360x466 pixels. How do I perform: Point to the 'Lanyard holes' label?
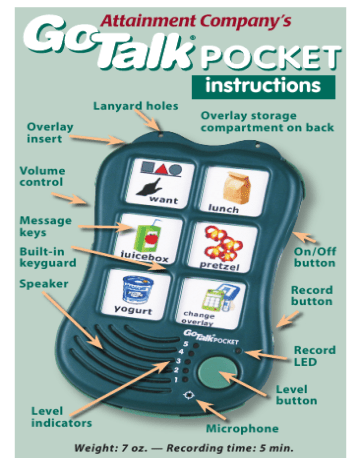[x=136, y=105]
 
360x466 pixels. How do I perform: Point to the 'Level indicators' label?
[x=61, y=416]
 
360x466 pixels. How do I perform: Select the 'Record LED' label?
[x=314, y=356]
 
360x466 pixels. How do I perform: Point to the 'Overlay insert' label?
[x=50, y=134]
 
